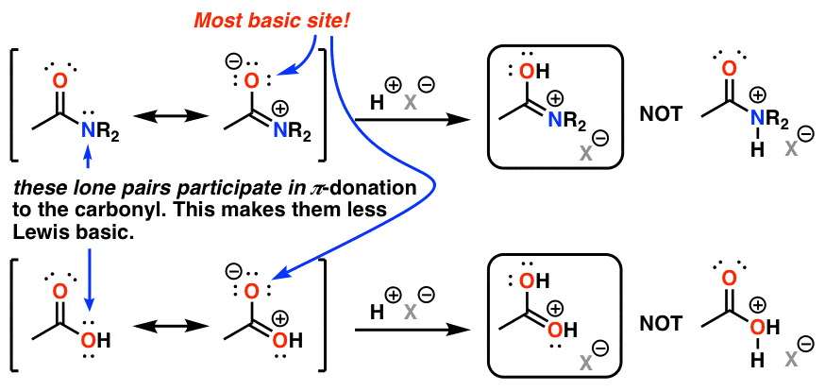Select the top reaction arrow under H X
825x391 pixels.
pos(410,120)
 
